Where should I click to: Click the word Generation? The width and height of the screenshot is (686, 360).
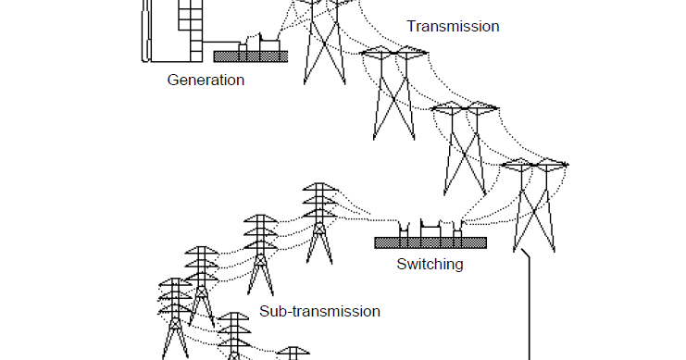pyautogui.click(x=206, y=80)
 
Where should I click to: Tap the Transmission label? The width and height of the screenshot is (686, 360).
pyautogui.click(x=453, y=26)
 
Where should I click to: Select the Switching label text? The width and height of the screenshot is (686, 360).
pyautogui.click(x=430, y=264)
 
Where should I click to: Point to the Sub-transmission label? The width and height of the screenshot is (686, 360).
pyautogui.click(x=318, y=311)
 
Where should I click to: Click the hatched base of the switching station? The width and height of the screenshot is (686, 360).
pyautogui.click(x=430, y=242)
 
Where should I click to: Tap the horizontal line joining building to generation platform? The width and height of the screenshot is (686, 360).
pyautogui.click(x=220, y=42)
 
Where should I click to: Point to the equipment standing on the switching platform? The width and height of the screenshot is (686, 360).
pyautogui.click(x=429, y=229)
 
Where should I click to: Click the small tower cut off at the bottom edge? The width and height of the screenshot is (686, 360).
pyautogui.click(x=293, y=354)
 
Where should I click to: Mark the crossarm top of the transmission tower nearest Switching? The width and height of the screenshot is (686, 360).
pyautogui.click(x=534, y=165)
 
